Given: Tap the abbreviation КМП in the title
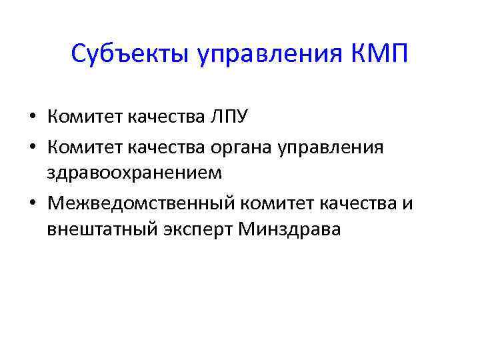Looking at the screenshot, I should pos(379,53).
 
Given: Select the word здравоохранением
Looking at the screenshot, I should pos(131,173).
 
